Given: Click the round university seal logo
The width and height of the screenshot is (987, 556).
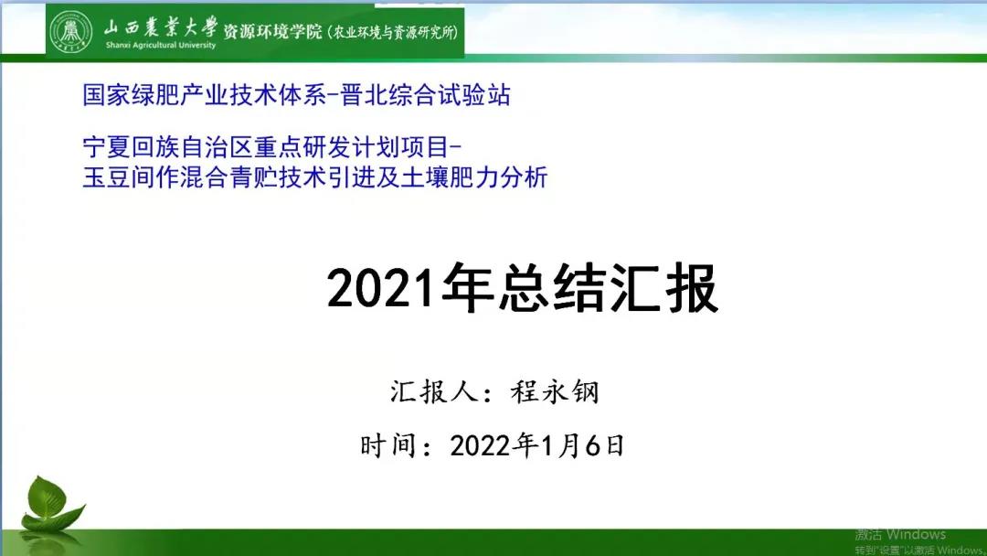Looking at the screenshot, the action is click(x=71, y=31).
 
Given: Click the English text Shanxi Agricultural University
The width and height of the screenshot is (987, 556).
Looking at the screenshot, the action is click(x=161, y=46).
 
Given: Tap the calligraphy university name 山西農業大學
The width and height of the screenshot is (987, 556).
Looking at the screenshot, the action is click(x=161, y=27).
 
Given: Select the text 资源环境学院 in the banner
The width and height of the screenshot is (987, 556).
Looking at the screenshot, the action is click(x=272, y=31).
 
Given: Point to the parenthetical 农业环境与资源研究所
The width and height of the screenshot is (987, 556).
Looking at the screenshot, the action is click(x=393, y=31).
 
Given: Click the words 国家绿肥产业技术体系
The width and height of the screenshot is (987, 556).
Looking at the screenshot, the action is click(x=205, y=95).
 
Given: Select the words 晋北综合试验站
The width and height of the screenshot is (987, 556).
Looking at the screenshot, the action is click(x=426, y=95).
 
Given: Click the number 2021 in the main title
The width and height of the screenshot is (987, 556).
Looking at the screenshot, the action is click(x=381, y=289).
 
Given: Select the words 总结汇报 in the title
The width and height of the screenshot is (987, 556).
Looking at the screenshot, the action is click(x=609, y=289).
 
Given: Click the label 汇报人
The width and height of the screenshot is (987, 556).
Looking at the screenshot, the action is click(x=433, y=391).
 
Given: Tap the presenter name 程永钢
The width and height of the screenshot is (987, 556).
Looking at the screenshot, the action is click(x=555, y=391).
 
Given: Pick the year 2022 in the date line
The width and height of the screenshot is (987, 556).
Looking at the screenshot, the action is click(x=480, y=446).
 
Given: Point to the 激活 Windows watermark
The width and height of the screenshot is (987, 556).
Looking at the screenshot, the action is click(x=900, y=535).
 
